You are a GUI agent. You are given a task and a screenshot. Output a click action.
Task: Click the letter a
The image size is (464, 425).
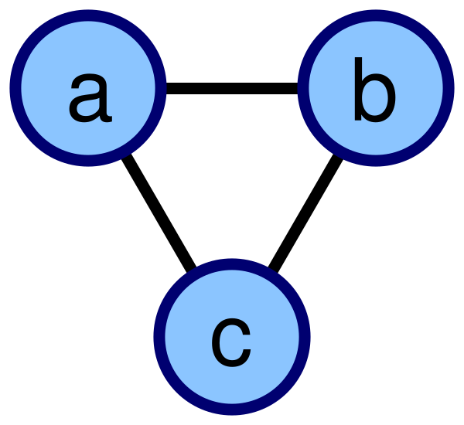(x=90, y=98)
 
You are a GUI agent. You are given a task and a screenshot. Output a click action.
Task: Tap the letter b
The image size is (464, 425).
(x=375, y=89)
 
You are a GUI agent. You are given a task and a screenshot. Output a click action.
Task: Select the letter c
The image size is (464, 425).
(x=231, y=343)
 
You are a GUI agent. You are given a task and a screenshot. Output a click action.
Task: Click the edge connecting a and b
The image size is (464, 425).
(x=232, y=88)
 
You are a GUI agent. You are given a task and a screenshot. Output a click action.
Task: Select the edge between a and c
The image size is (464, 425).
(x=159, y=212)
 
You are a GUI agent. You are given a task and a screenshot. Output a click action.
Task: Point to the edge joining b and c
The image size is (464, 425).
(x=305, y=213)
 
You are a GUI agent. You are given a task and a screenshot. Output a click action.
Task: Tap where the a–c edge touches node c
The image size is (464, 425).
(x=192, y=270)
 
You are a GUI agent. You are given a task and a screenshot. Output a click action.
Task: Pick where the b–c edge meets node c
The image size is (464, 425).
(x=272, y=270)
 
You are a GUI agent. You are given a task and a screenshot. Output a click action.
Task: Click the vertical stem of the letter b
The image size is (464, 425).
(x=358, y=89)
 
